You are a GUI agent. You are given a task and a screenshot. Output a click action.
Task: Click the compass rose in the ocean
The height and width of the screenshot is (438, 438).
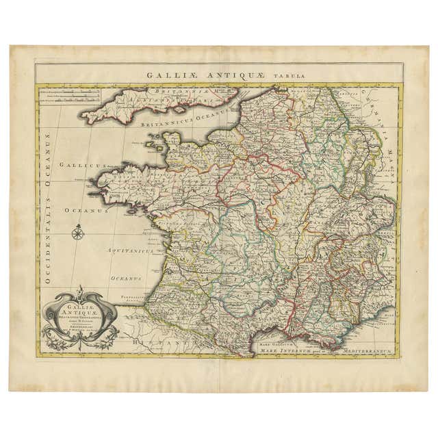pos(77,233)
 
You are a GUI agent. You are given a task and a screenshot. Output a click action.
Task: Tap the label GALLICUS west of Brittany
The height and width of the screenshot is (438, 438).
pos(80,166)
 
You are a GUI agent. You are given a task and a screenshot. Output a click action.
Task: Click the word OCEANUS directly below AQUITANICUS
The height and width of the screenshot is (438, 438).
pos(127,278)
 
